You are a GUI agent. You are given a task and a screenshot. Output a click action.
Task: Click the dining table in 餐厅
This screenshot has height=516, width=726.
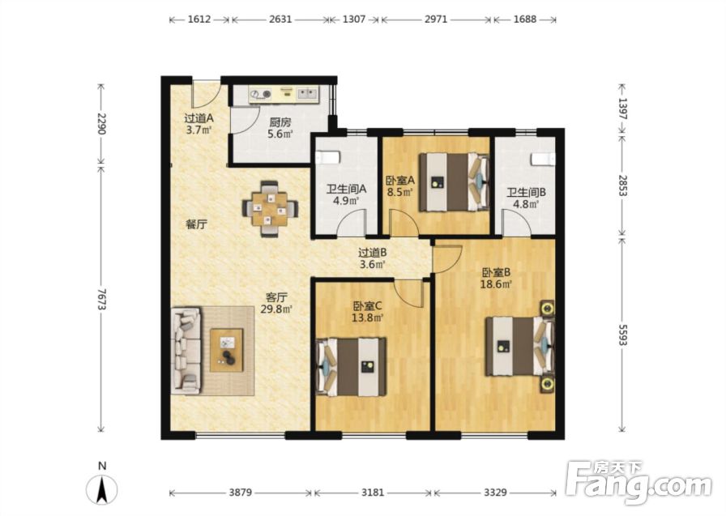(x=270, y=208)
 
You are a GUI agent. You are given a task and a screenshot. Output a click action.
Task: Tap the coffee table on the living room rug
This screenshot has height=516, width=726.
(x=226, y=350)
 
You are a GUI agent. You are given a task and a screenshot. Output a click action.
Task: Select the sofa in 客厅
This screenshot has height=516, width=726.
(x=186, y=351)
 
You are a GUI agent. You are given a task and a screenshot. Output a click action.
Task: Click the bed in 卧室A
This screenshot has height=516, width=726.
(x=455, y=182)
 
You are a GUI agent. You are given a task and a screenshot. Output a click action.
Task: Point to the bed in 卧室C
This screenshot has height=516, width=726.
(x=351, y=367)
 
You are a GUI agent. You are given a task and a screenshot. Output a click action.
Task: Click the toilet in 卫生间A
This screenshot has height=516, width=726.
(x=328, y=157)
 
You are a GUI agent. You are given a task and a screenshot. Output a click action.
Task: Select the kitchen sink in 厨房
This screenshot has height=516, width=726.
(x=306, y=95)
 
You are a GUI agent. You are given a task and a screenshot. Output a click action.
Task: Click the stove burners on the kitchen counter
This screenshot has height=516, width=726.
(x=260, y=95)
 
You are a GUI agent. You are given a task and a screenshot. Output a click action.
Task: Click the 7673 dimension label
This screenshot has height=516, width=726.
(x=101, y=300)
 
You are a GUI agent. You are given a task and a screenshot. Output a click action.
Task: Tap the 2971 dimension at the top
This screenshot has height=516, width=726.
(x=436, y=19)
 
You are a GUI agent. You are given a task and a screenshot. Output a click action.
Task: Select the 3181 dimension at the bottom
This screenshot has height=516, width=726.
(x=372, y=493)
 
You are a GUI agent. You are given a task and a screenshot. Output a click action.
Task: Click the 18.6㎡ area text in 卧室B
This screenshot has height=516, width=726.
(x=496, y=284)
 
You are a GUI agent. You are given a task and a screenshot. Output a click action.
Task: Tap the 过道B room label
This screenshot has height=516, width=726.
(x=372, y=253)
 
